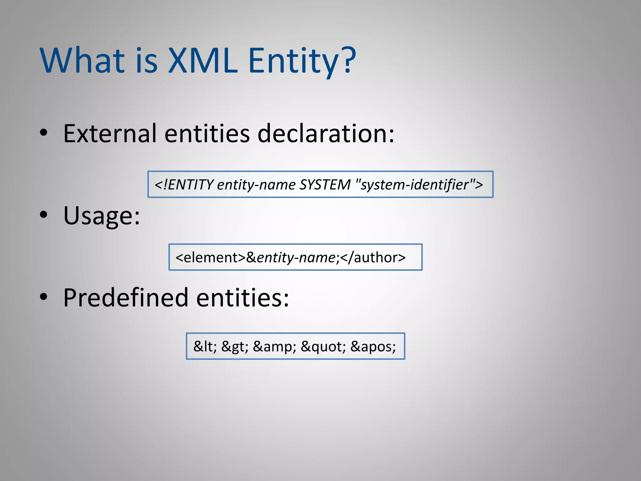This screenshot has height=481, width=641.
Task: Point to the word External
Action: (x=110, y=133)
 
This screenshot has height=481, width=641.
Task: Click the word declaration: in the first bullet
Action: (x=326, y=133)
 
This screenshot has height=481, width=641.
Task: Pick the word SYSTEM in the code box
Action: (x=325, y=184)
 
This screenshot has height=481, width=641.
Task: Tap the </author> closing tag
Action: (x=372, y=257)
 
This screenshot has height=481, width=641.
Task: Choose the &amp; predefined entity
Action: (x=274, y=346)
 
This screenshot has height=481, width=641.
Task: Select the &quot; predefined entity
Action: (x=323, y=346)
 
